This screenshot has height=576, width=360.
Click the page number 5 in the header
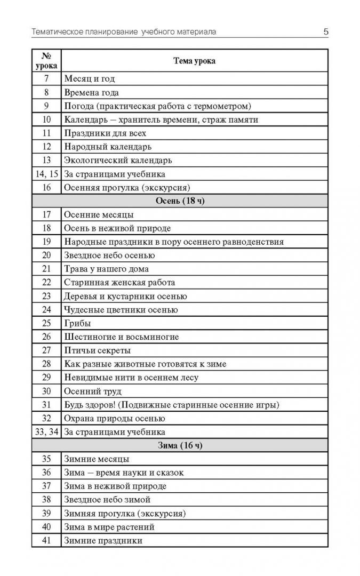(325, 32)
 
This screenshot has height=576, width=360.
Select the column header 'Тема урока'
(194, 61)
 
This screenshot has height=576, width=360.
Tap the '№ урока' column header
(46, 61)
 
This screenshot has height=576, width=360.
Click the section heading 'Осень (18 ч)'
(180, 201)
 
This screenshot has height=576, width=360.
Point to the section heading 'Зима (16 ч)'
(180, 445)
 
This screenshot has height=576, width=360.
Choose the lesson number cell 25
(46, 323)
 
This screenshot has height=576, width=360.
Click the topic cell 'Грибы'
(77, 323)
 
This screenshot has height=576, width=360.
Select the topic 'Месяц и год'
(90, 79)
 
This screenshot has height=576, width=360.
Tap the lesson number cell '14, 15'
(46, 174)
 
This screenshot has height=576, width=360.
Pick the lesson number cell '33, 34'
(46, 432)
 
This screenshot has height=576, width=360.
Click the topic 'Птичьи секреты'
(97, 350)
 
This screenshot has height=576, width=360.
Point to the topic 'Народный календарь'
(108, 147)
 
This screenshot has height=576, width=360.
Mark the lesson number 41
(46, 540)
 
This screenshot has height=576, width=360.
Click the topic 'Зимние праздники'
(103, 540)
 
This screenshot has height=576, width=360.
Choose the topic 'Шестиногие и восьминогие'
(122, 337)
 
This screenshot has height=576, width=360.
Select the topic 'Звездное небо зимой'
(107, 500)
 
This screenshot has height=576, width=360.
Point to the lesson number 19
(46, 242)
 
